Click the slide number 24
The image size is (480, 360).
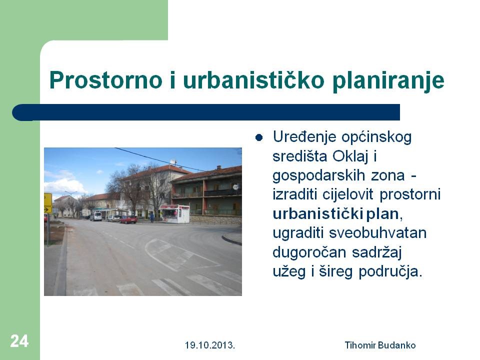click(x=19, y=341)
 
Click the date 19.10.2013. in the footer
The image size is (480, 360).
click(x=209, y=345)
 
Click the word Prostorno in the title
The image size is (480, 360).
click(x=105, y=80)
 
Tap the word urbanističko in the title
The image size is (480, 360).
click(x=253, y=80)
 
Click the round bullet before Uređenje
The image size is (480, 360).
click(x=259, y=138)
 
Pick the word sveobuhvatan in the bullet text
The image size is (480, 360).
click(x=378, y=233)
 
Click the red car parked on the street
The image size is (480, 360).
click(x=128, y=219)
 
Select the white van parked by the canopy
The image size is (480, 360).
click(x=96, y=216)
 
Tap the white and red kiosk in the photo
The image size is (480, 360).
click(x=174, y=213)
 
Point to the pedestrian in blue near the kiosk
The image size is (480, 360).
click(x=152, y=217)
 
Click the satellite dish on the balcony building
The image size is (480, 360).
click(x=235, y=186)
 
